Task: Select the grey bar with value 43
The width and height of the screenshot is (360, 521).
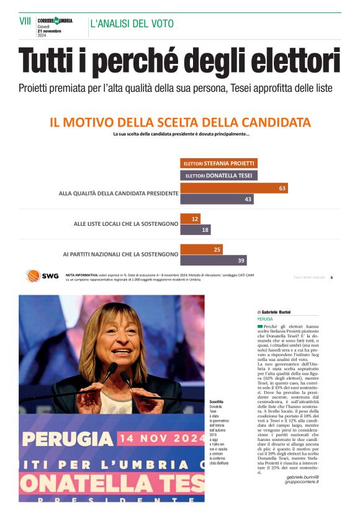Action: [x=218, y=199]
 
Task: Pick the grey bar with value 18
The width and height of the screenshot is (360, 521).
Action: [x=195, y=229]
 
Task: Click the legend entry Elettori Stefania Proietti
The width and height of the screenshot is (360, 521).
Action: [x=218, y=163]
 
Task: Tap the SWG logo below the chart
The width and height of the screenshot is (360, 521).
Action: [x=42, y=275]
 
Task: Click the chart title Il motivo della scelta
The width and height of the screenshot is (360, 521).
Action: [x=180, y=122]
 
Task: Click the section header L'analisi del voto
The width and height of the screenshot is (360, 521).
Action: [x=132, y=24]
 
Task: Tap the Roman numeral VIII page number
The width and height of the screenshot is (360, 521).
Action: [x=25, y=21]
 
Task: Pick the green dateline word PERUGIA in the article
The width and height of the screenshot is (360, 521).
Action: [x=265, y=319]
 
